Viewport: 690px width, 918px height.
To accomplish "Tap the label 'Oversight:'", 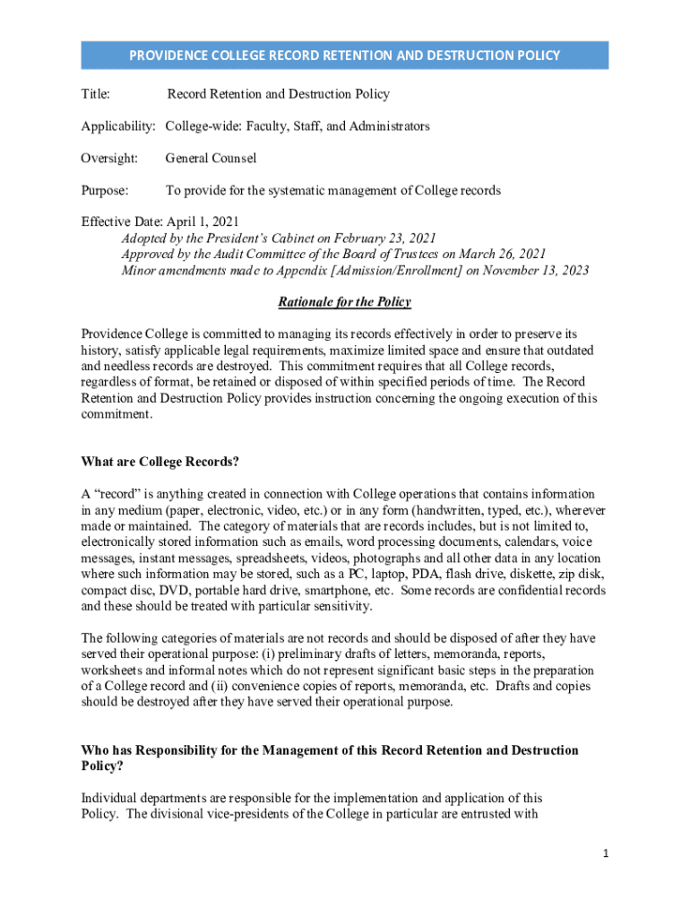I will (109, 159).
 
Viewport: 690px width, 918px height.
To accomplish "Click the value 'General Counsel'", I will (211, 159).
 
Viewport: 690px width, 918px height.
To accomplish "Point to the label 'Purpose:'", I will (105, 191).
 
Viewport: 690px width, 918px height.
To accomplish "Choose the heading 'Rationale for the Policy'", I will (344, 303).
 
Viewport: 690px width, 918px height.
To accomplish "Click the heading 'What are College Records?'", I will (160, 463).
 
